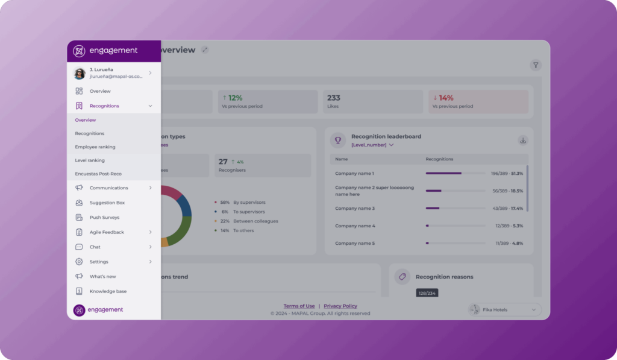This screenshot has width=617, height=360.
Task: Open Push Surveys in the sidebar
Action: click(104, 217)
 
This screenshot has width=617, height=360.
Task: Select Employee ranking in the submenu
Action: click(95, 147)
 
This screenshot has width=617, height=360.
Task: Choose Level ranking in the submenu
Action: click(90, 160)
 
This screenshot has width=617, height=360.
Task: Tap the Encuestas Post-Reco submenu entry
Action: click(98, 174)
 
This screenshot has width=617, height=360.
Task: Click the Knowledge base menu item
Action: click(108, 291)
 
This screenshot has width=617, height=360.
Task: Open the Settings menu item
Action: click(99, 262)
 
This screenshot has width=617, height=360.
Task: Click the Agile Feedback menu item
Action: click(107, 232)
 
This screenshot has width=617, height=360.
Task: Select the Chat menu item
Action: click(95, 247)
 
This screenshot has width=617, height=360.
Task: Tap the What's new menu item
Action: click(102, 276)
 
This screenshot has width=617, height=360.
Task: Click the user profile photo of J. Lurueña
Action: click(80, 74)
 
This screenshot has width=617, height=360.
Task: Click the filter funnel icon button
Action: click(535, 65)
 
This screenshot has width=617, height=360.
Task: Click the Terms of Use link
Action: click(299, 306)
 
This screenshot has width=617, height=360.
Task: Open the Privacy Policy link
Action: click(340, 306)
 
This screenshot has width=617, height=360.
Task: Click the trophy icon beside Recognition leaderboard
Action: click(338, 140)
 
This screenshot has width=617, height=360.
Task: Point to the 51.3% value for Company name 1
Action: click(517, 173)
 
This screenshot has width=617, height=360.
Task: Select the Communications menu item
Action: click(108, 188)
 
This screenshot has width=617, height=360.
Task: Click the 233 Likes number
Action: click(334, 98)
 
